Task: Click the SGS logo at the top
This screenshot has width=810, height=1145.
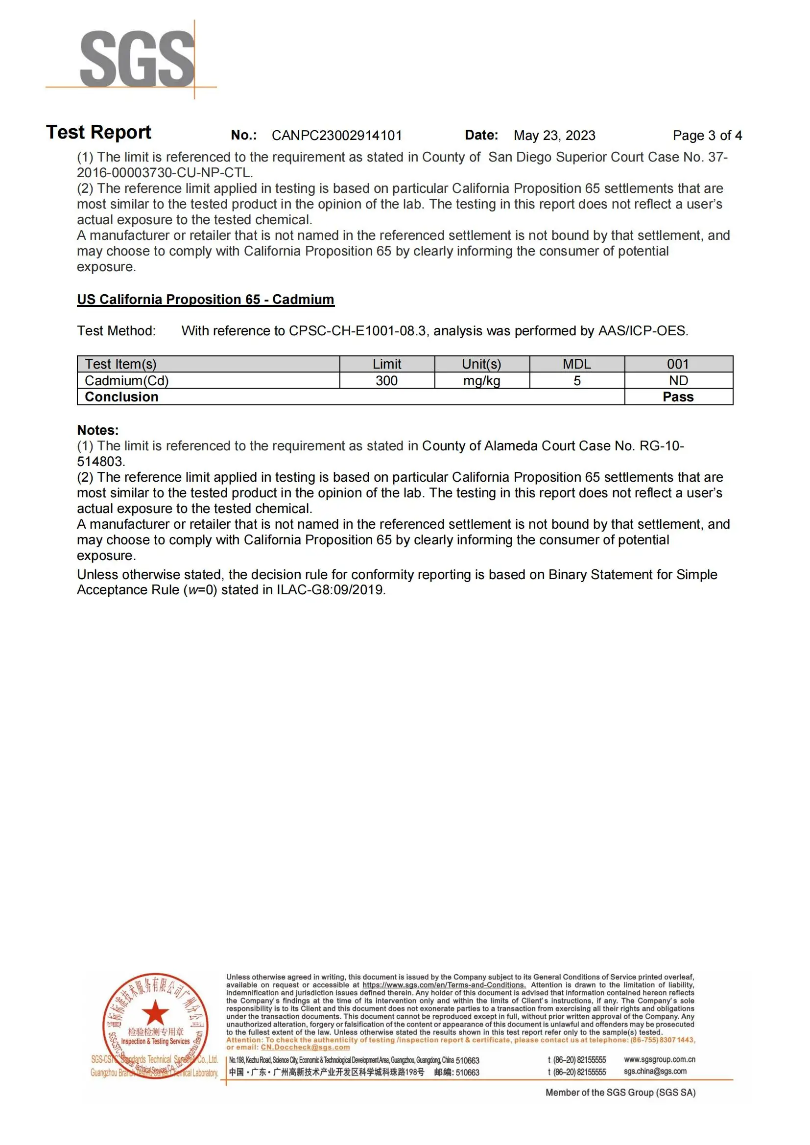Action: [137, 58]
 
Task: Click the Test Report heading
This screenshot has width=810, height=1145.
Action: [99, 133]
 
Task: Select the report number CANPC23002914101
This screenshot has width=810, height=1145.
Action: [336, 136]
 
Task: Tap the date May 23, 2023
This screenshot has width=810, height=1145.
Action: [554, 136]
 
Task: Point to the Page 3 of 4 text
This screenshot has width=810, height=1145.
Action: [707, 136]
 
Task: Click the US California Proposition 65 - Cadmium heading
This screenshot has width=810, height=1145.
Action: [206, 299]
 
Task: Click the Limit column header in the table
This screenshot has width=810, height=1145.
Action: [386, 364]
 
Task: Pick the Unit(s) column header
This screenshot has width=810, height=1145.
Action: [481, 364]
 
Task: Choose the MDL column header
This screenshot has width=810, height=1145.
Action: [576, 364]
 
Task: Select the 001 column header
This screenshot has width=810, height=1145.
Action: [678, 364]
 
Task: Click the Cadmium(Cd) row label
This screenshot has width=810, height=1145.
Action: [127, 380]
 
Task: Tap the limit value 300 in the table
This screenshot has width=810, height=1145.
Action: [386, 380]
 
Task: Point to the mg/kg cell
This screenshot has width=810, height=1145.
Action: [481, 380]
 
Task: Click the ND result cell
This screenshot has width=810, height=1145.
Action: [678, 380]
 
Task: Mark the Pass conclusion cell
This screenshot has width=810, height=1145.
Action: [678, 397]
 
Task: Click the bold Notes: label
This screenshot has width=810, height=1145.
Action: [98, 430]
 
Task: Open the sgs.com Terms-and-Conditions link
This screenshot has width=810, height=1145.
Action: [444, 985]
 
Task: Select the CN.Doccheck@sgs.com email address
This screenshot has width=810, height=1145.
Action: [305, 1047]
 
